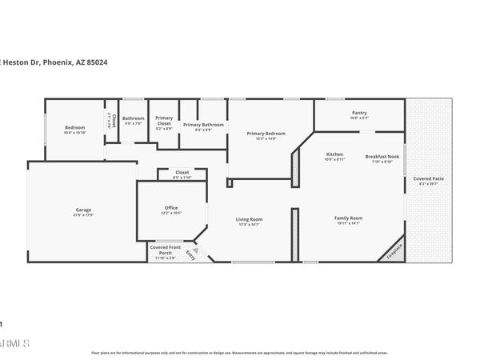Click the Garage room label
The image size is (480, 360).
[83, 210]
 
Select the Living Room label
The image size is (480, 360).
[250, 218]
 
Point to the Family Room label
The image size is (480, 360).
[348, 218]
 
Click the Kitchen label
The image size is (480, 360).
[334, 154]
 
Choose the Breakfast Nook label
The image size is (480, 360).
[379, 156]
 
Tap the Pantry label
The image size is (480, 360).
[359, 113]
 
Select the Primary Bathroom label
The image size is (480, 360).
[203, 125]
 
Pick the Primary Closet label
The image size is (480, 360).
[164, 121]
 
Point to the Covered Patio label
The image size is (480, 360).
[429, 178]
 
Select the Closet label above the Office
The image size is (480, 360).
[182, 172]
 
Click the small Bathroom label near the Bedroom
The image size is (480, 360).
[133, 118]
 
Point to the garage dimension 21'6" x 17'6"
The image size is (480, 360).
[83, 215]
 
